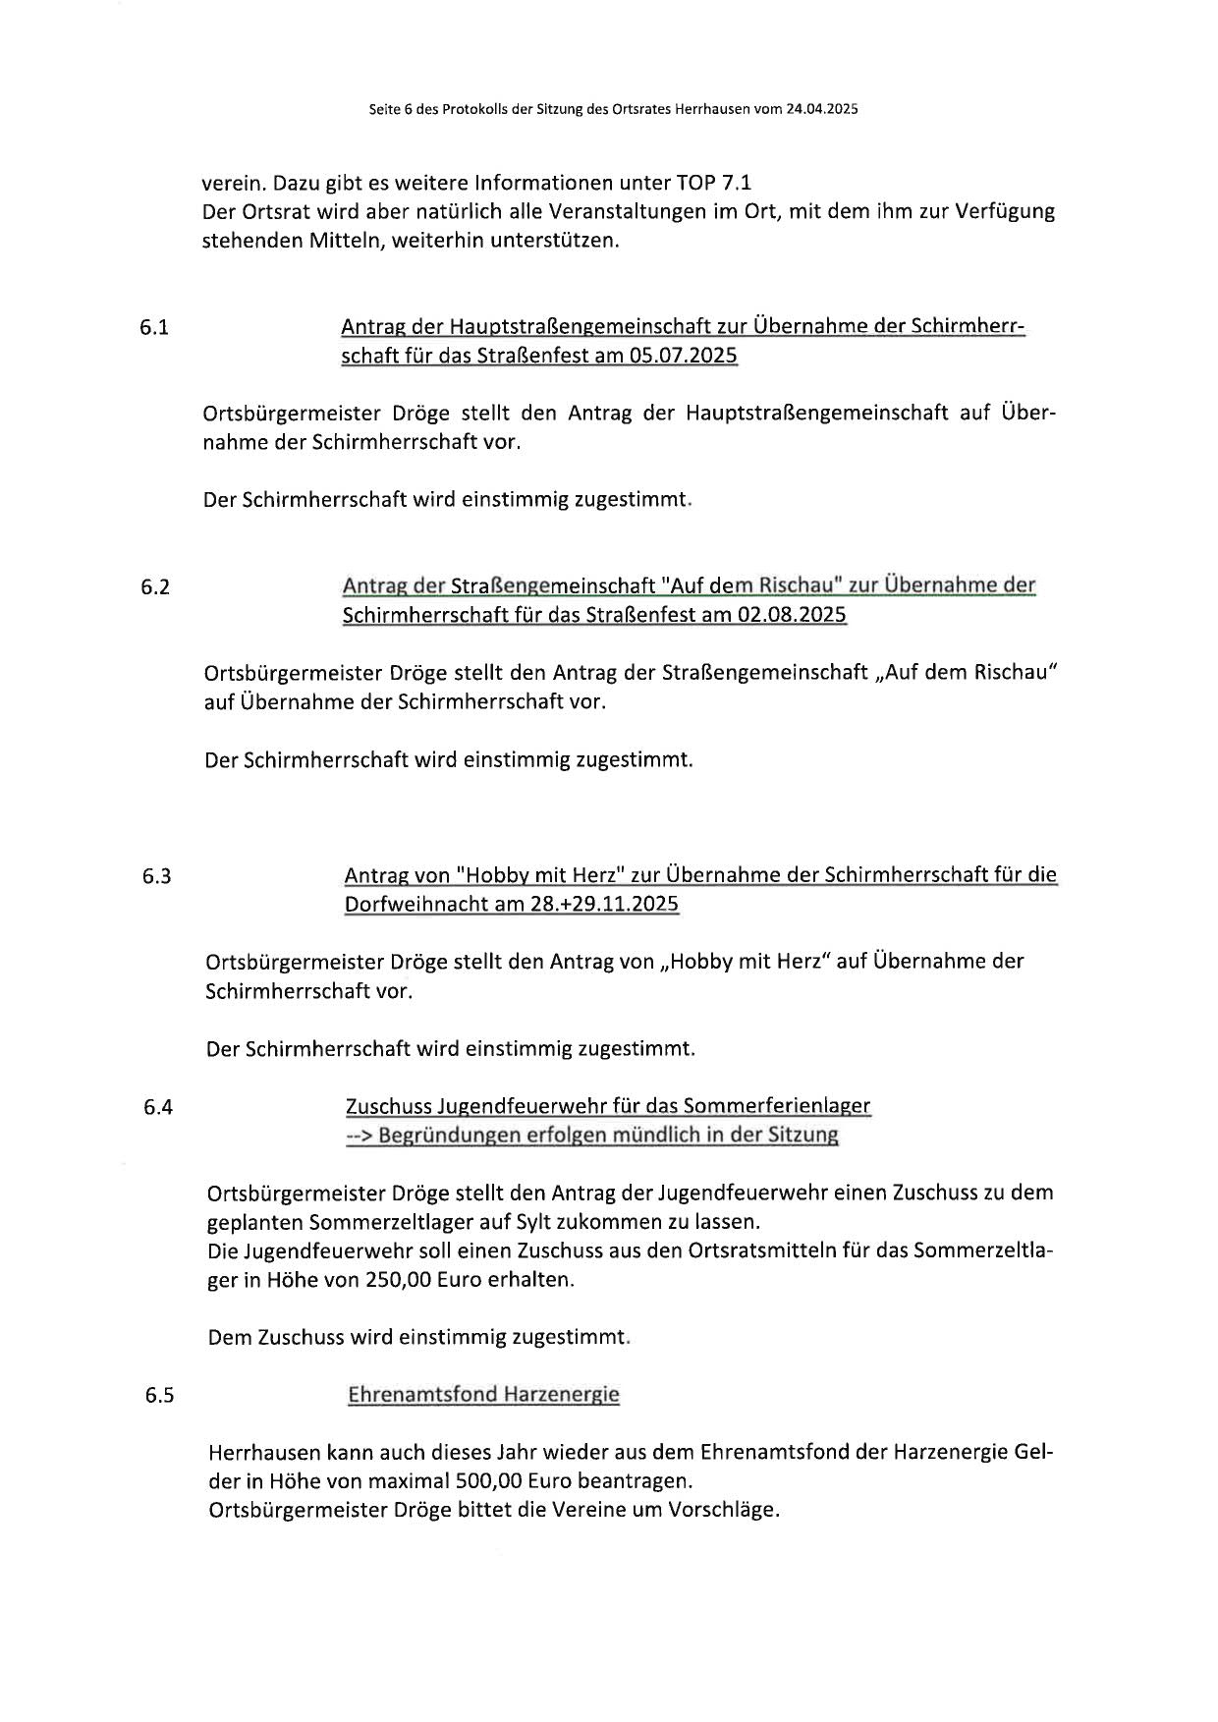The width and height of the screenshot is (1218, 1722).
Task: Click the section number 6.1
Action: pyautogui.click(x=154, y=328)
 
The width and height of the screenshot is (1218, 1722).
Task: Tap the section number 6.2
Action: pyautogui.click(x=155, y=587)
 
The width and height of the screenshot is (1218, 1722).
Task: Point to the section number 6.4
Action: pyautogui.click(x=158, y=1108)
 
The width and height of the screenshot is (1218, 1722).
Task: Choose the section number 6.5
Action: pyautogui.click(x=159, y=1396)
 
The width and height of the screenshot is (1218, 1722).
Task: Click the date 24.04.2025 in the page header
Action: pyautogui.click(x=821, y=110)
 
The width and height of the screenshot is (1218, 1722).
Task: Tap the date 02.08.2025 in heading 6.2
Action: pyautogui.click(x=792, y=615)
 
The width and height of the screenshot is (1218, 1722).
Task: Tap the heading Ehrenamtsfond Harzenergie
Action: pyautogui.click(x=483, y=1395)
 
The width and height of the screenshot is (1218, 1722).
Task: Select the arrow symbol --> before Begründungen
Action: pyautogui.click(x=359, y=1136)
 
